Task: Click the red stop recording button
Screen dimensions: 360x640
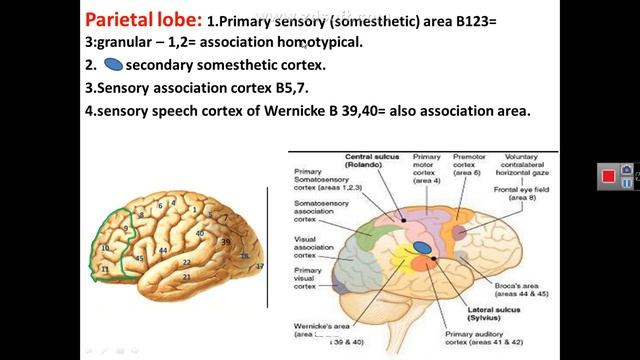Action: pos(607,177)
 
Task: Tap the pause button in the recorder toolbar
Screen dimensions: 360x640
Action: pos(627,170)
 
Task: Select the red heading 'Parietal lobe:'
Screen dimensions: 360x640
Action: pos(142,19)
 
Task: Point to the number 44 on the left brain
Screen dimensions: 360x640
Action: pos(162,250)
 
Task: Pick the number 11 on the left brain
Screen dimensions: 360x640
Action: pos(104,269)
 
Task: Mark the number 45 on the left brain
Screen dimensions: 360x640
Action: pos(139,258)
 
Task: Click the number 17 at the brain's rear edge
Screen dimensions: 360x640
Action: pos(259,266)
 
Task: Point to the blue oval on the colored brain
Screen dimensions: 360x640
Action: pos(423,247)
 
